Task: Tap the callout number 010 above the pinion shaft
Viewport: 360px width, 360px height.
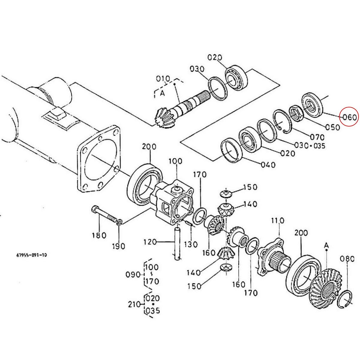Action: point(163,79)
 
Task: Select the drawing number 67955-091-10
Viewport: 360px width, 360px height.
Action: point(31,255)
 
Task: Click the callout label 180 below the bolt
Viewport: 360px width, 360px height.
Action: point(99,235)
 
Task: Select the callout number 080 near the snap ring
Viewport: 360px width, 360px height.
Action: point(347,259)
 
